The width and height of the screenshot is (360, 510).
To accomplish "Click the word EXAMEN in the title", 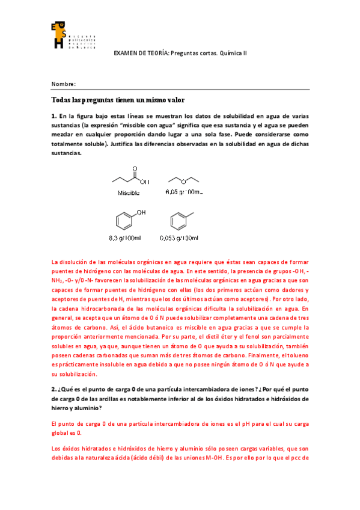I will click(126, 54).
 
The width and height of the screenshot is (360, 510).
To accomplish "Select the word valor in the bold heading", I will click(172, 100).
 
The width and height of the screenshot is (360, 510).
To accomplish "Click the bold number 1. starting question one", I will click(54, 115).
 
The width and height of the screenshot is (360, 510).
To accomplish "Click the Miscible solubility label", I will click(129, 193).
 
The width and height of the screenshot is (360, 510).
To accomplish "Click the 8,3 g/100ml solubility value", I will click(125, 239).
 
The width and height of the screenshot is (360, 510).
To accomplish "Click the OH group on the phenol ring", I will click(141, 212).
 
